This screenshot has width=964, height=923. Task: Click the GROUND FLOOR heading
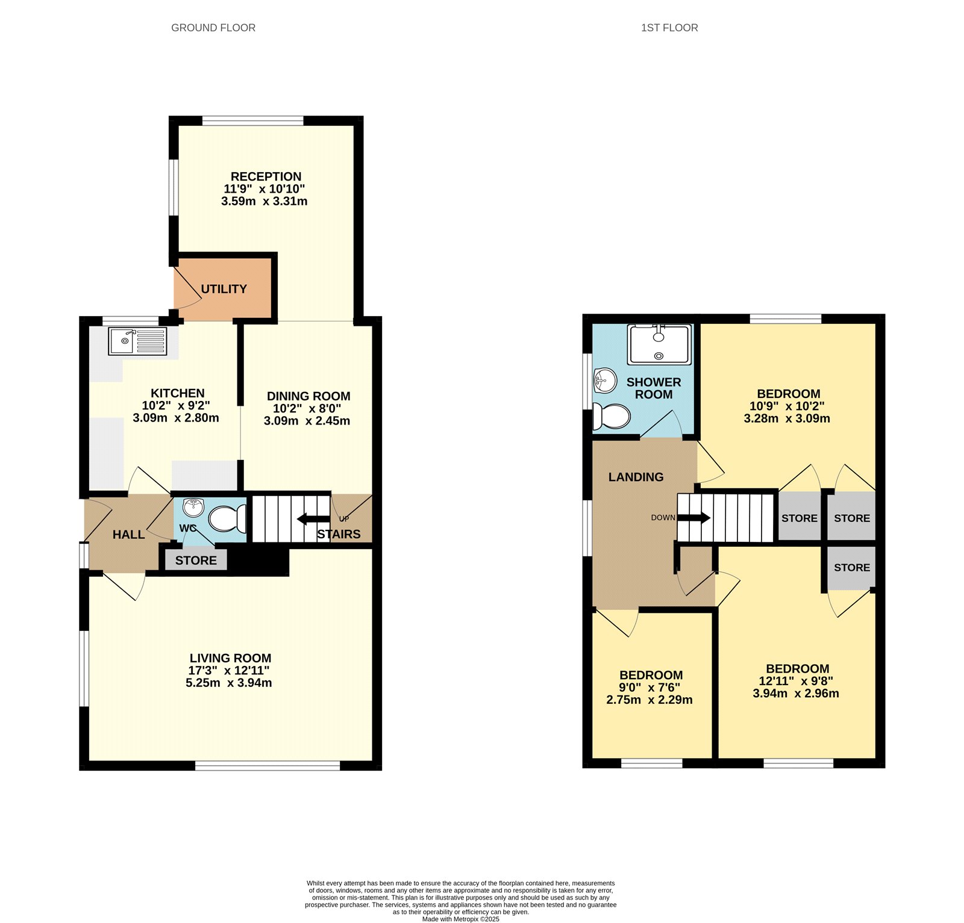tap(213, 28)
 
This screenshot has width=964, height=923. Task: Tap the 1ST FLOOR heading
tap(669, 28)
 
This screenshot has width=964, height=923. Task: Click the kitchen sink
tap(137, 341)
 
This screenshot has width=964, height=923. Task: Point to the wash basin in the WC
tap(193, 508)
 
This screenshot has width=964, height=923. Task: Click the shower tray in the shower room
tap(659, 344)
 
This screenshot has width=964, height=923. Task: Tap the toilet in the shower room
tap(612, 416)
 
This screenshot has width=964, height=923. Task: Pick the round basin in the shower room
tap(605, 380)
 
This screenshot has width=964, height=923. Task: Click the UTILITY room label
tap(224, 289)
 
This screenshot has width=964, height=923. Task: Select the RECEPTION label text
tap(266, 176)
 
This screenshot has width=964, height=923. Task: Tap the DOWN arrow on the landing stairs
tap(694, 518)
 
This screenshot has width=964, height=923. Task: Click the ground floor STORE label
tap(196, 561)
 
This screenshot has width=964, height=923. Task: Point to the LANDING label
tap(636, 477)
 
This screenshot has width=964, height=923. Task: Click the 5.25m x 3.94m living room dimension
tap(229, 683)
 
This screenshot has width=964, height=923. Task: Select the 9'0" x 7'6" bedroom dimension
tap(649, 688)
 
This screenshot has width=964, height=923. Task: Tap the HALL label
tap(128, 535)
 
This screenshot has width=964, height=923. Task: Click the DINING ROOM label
tap(308, 396)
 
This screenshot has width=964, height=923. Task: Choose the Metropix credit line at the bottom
tap(461, 919)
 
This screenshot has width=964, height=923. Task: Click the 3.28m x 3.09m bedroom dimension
tap(787, 418)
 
